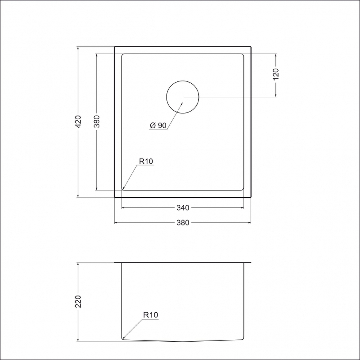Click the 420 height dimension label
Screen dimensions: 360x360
point(78,121)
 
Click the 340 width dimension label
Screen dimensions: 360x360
point(183,208)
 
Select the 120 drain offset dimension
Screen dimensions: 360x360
point(276,74)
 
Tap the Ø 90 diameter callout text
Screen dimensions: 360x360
point(158,126)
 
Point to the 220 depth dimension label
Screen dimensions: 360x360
point(78,301)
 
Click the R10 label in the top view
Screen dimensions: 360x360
point(146,161)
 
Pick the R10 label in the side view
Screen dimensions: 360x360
point(151,315)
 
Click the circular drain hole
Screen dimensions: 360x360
point(183,81)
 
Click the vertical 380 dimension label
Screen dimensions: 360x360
point(97,121)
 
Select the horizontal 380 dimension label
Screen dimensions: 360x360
point(183,223)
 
